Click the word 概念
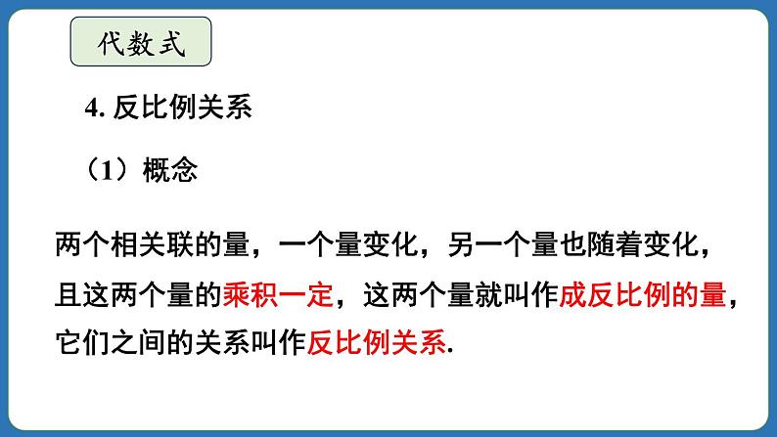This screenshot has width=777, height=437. point(170,170)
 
